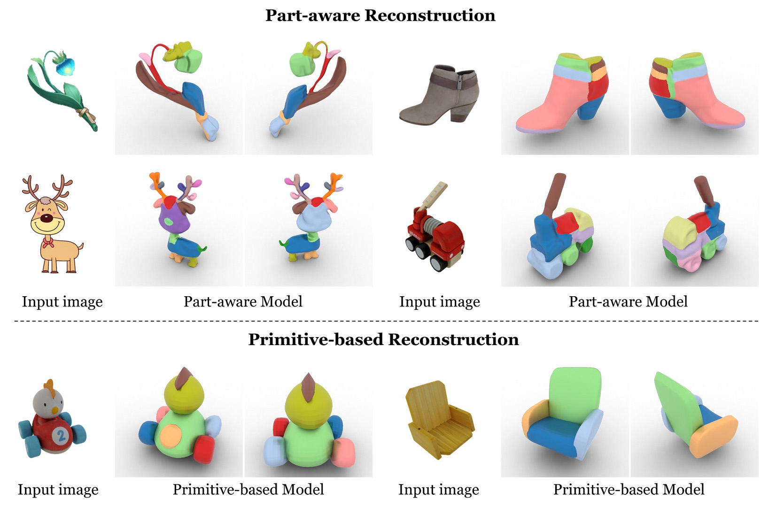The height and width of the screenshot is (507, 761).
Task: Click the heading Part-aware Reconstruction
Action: point(380,15)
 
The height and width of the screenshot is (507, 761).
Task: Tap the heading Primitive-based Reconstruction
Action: point(383,339)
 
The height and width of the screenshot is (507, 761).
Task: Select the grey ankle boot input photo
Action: point(439,94)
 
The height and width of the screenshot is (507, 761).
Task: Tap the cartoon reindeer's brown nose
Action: point(46,218)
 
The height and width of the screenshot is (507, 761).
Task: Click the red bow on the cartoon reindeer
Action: point(47,242)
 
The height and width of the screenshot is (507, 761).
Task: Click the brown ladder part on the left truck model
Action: point(553,194)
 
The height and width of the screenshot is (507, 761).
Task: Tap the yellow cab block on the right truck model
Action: point(679,228)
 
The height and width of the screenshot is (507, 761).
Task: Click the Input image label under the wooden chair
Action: point(439,490)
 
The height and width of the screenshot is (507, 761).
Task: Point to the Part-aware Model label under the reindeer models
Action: point(243,301)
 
